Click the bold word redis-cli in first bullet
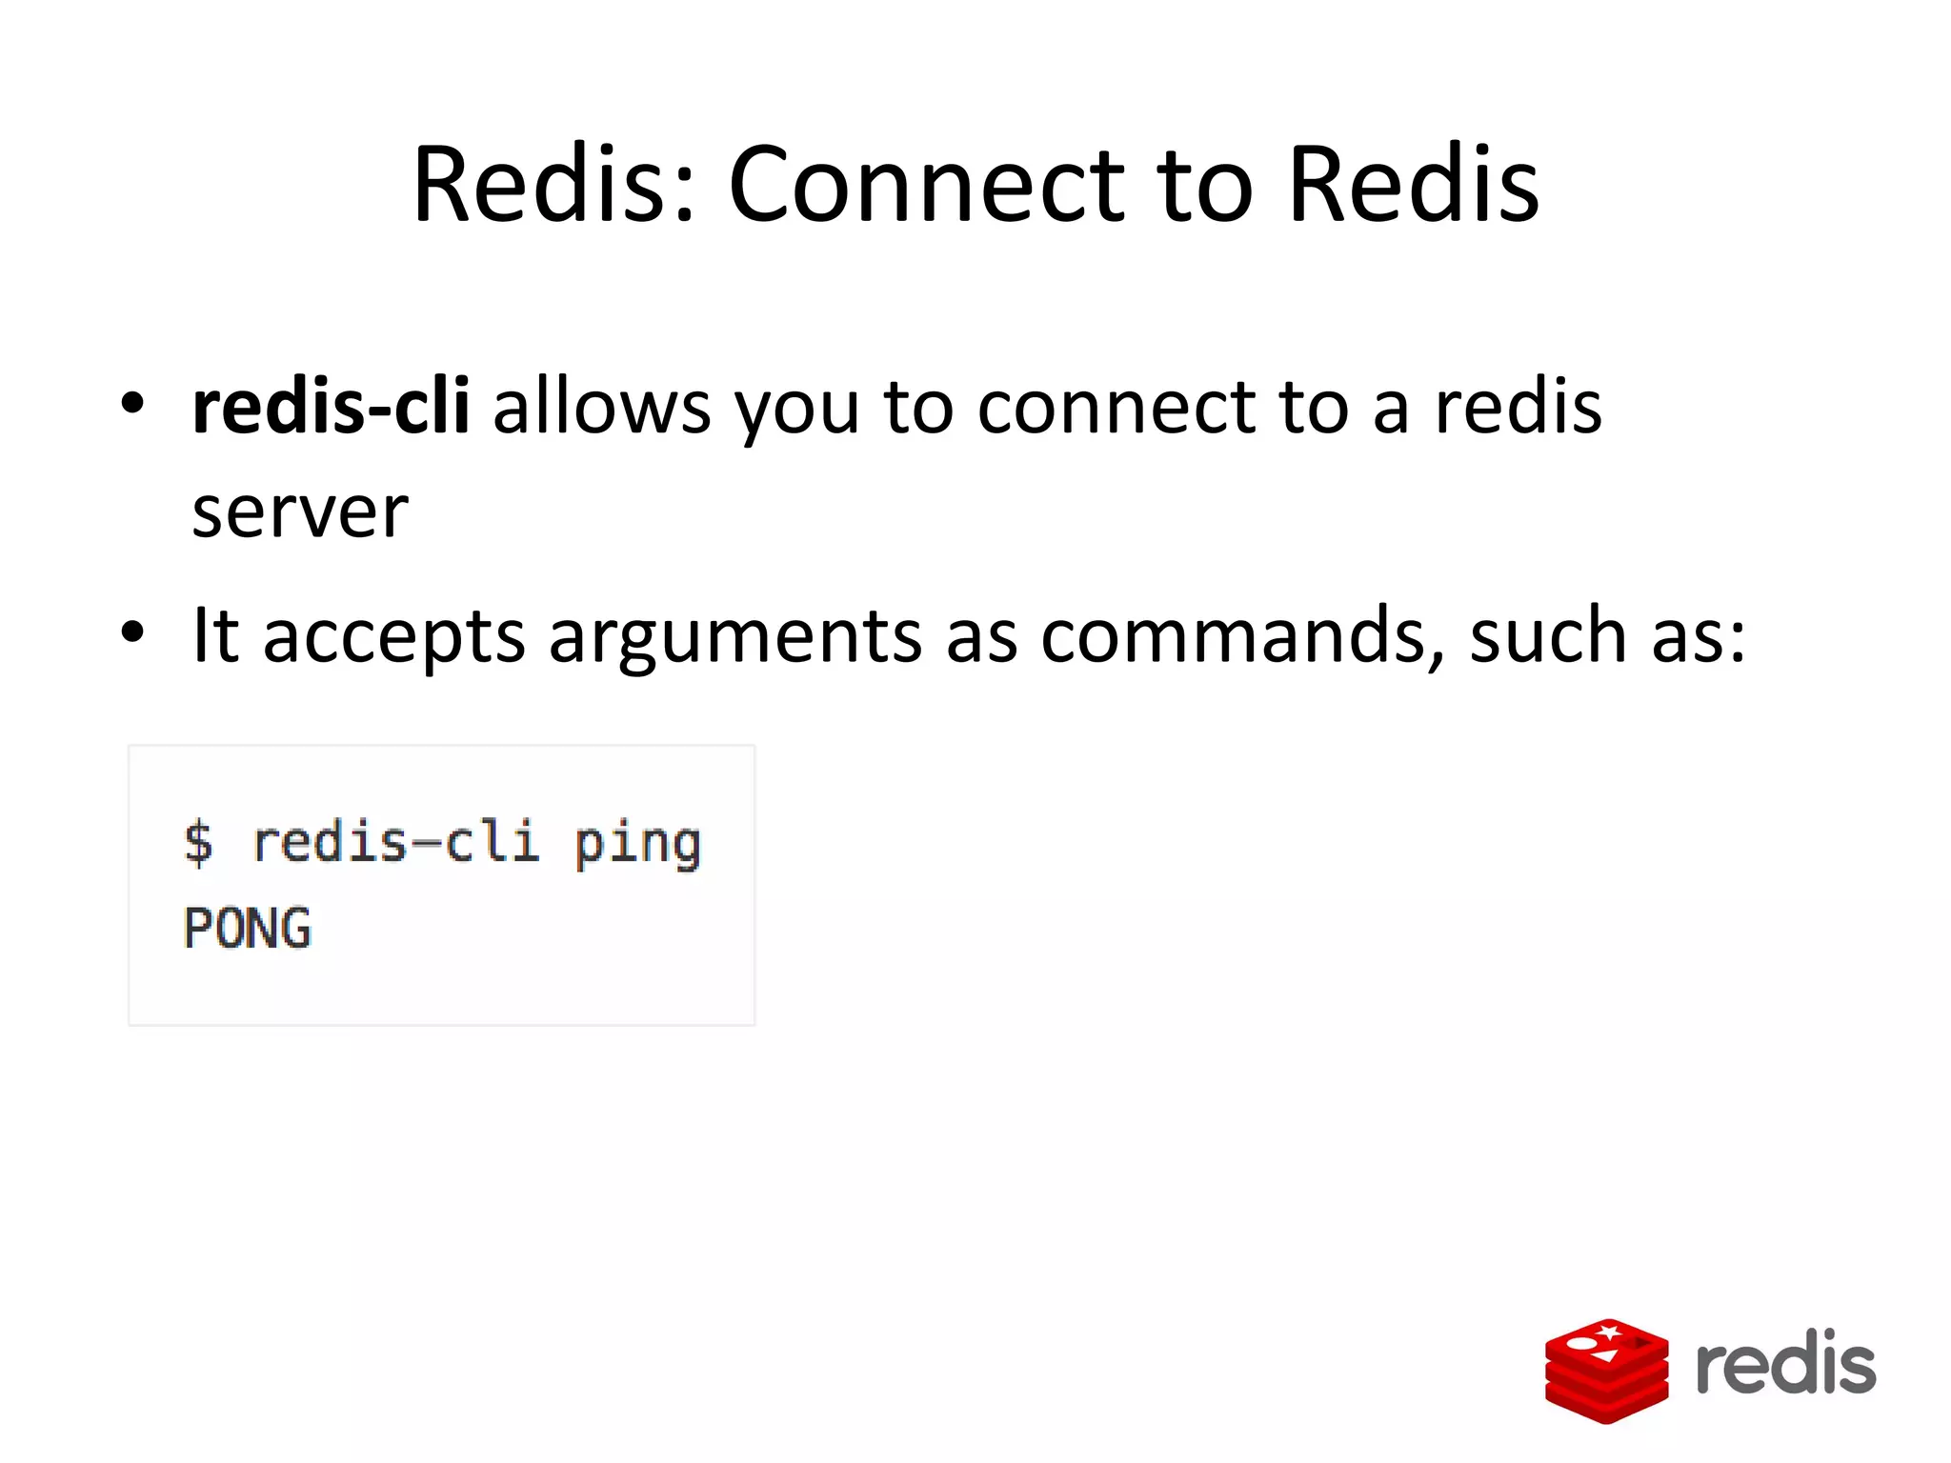331,407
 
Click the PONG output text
248,929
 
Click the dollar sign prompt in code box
198,844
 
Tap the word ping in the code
637,844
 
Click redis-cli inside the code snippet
395,843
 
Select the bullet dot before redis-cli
132,404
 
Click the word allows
602,407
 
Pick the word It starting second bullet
214,634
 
